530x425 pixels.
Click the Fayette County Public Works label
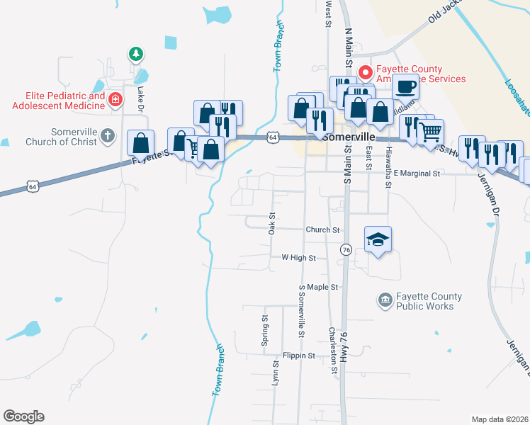point(429,301)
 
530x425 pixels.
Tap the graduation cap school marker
point(378,240)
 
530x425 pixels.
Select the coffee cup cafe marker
point(405,87)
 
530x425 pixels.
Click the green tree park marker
point(135,54)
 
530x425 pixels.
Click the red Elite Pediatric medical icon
point(115,101)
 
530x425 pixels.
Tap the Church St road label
point(323,229)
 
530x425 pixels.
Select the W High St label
point(298,258)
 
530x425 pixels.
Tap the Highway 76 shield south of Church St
point(346,250)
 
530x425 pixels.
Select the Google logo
point(23,416)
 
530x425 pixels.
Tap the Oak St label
point(271,225)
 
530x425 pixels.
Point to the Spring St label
point(264,327)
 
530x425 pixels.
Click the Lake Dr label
point(140,98)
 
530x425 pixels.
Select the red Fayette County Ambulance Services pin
point(366,72)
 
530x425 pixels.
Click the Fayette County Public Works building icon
point(385,301)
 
